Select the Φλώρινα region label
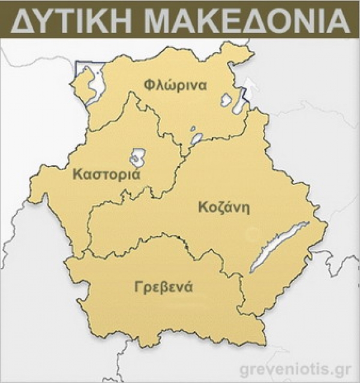(175, 85)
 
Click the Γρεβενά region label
(164, 286)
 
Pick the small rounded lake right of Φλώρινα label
(226, 99)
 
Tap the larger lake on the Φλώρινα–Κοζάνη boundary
(197, 139)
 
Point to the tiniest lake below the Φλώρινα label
(193, 128)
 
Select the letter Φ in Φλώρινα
(149, 85)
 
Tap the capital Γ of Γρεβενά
(139, 286)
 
